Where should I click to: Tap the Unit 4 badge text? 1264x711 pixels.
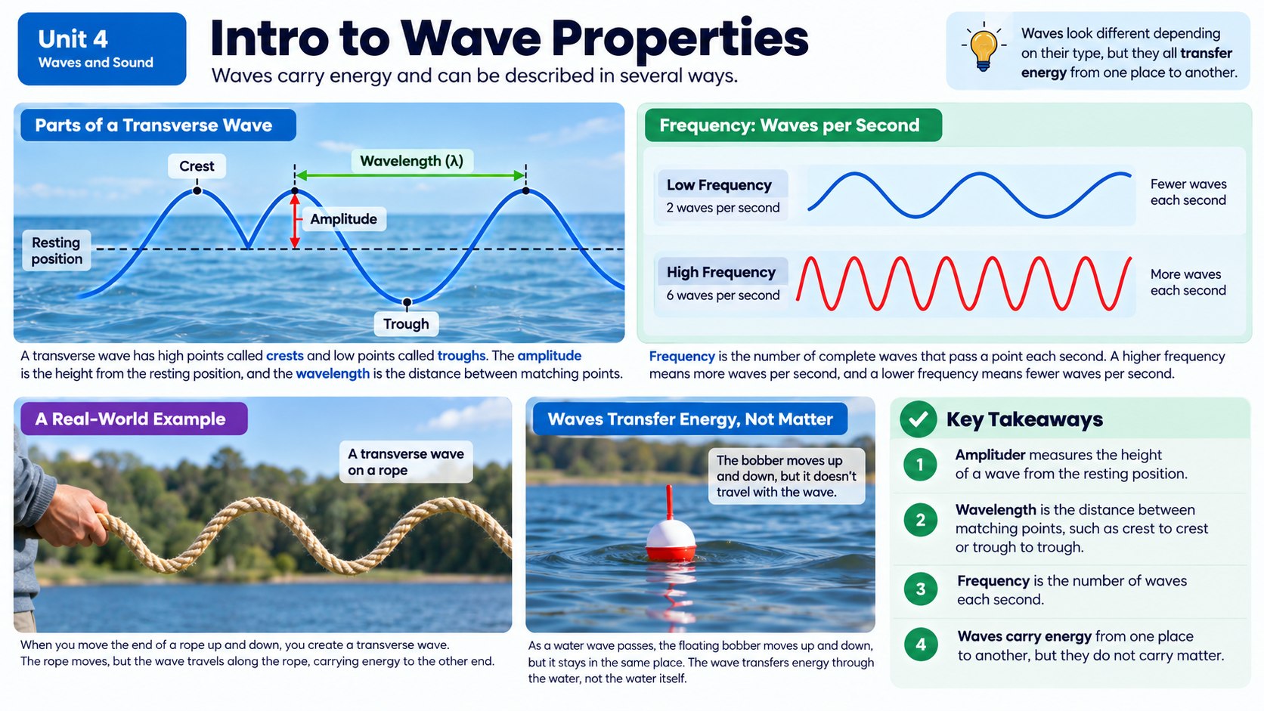(x=73, y=39)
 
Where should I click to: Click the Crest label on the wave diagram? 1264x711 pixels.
(x=197, y=166)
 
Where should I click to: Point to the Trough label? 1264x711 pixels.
(x=406, y=323)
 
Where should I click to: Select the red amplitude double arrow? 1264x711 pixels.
(x=295, y=219)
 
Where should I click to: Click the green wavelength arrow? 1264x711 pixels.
(x=410, y=175)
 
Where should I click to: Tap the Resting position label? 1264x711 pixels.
(x=57, y=250)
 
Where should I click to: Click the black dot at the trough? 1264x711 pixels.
(x=407, y=302)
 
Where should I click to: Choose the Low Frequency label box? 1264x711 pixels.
(x=723, y=196)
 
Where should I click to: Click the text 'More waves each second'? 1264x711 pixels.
(x=1188, y=282)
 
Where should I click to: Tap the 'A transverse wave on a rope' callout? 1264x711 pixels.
(x=406, y=462)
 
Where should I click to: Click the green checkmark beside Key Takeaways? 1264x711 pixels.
(x=919, y=419)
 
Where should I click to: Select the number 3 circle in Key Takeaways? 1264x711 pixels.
(x=920, y=589)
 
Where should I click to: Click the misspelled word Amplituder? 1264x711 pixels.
(x=990, y=454)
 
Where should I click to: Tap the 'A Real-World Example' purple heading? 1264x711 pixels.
(x=135, y=419)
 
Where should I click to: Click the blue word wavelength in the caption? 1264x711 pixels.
(x=333, y=373)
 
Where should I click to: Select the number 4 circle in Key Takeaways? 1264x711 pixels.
(x=920, y=644)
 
